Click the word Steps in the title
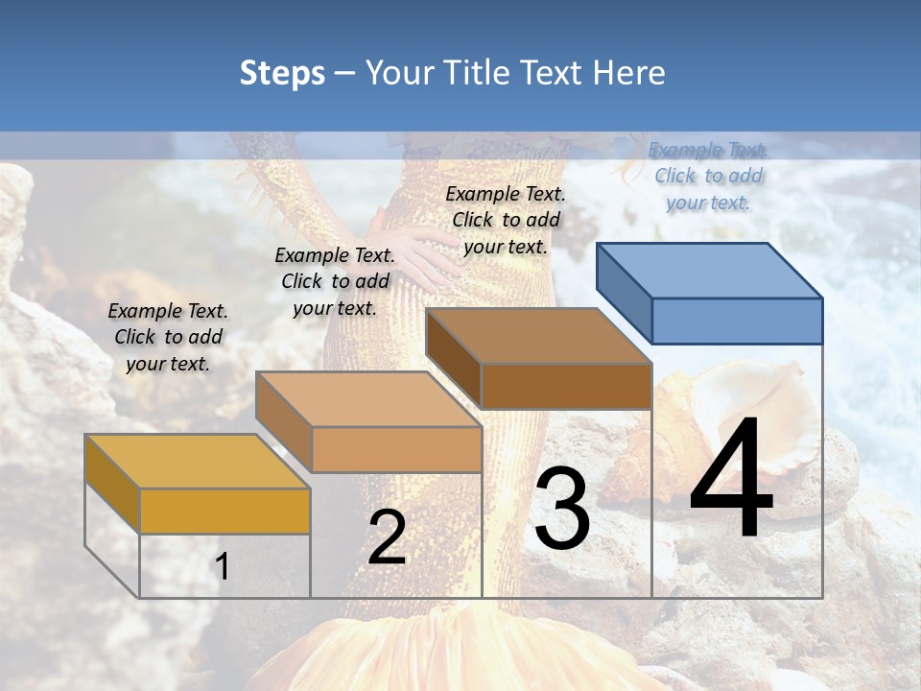coord(282,73)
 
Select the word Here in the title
coord(629,73)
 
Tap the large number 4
coord(731,480)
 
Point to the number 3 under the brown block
coord(561,508)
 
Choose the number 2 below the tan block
coord(387,537)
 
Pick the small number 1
coord(223,566)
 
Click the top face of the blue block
coord(708,271)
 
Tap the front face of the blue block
coord(737,321)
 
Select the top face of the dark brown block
coord(537,336)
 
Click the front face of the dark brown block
coord(566,386)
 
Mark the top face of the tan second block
coord(367,399)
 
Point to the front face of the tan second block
coord(396,449)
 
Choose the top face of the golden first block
coord(197,462)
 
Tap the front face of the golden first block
coord(224,511)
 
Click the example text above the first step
coord(168,337)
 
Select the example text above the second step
coord(335,281)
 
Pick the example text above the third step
coord(506,220)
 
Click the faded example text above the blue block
coord(709,176)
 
